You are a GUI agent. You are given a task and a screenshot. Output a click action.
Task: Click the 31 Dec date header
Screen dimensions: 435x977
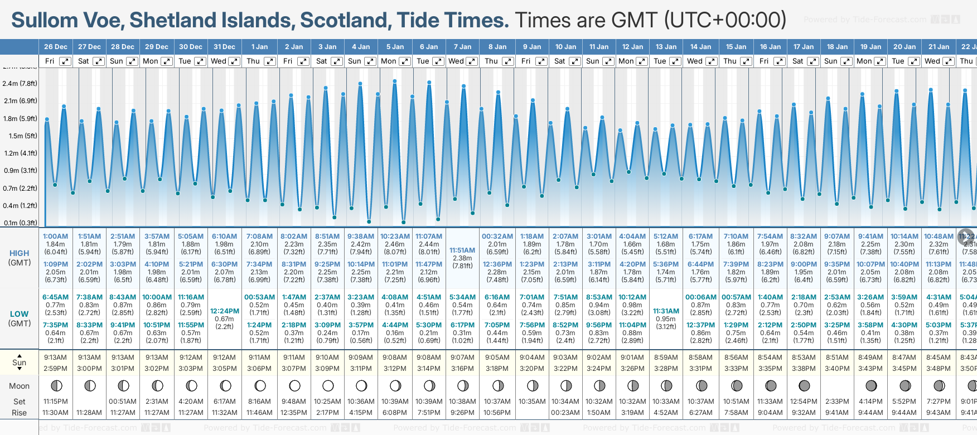click(x=224, y=47)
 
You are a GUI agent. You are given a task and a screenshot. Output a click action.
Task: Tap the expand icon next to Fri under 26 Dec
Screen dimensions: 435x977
click(x=65, y=61)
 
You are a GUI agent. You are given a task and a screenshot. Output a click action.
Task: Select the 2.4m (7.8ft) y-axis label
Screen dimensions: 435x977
click(x=20, y=84)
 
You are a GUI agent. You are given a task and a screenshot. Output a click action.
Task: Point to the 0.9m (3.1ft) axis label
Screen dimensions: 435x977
click(x=20, y=171)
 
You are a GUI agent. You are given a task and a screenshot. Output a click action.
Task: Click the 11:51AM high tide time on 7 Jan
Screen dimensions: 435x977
click(x=462, y=250)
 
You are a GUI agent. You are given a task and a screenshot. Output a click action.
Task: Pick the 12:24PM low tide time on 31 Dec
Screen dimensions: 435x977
click(x=225, y=311)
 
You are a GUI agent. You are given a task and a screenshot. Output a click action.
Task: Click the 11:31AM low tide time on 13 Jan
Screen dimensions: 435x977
click(x=666, y=311)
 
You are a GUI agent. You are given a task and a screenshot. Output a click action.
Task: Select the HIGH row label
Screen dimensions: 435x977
click(x=20, y=254)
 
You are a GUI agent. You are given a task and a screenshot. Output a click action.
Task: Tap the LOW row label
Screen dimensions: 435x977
click(x=20, y=315)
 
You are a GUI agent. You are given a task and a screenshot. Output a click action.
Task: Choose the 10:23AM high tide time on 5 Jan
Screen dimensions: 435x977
click(x=395, y=236)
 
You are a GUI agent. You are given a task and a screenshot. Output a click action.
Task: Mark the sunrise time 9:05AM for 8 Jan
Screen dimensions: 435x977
click(x=497, y=357)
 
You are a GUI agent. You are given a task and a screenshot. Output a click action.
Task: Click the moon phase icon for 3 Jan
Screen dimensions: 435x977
click(x=328, y=386)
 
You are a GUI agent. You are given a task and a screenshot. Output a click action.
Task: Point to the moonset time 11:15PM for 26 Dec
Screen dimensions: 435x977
click(x=55, y=402)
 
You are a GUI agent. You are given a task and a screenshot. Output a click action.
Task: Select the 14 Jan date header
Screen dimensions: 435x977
click(x=700, y=47)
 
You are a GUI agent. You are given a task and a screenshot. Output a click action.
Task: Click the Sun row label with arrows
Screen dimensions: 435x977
click(x=20, y=362)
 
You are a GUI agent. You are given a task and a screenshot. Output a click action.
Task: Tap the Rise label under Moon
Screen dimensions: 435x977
click(x=20, y=413)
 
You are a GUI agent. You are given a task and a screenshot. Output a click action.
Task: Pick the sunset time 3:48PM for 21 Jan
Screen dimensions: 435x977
click(x=939, y=369)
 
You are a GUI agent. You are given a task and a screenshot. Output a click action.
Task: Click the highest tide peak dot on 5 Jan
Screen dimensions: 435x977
click(x=395, y=81)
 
